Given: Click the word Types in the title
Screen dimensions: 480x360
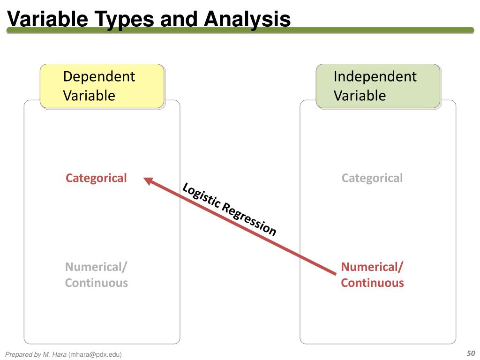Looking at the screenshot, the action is [x=125, y=19].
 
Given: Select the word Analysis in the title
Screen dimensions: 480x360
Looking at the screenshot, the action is [x=247, y=19].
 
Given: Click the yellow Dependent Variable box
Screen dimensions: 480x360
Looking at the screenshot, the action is [x=102, y=86].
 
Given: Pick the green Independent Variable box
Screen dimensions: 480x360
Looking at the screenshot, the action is [x=378, y=86].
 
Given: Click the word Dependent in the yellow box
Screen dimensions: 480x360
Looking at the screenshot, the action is [x=99, y=76].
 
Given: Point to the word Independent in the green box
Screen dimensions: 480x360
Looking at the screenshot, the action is [x=375, y=76].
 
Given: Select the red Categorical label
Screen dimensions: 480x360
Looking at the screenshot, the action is [x=96, y=178].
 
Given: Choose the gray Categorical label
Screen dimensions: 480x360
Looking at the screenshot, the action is [x=372, y=178].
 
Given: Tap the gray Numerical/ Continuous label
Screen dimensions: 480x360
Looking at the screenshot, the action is [x=96, y=275].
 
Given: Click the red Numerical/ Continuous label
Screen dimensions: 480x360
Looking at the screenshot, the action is [x=372, y=275].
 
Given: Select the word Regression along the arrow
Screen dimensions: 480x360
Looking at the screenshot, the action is [x=249, y=219].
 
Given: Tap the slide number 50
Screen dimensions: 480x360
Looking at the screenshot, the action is [x=471, y=353].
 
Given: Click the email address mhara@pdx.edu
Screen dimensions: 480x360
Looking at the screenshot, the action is [x=95, y=355].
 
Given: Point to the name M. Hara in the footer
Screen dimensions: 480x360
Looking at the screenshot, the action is [x=55, y=355].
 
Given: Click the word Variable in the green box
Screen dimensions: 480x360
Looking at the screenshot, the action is [x=360, y=96].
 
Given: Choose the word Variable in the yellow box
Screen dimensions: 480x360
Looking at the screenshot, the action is [x=89, y=96].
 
